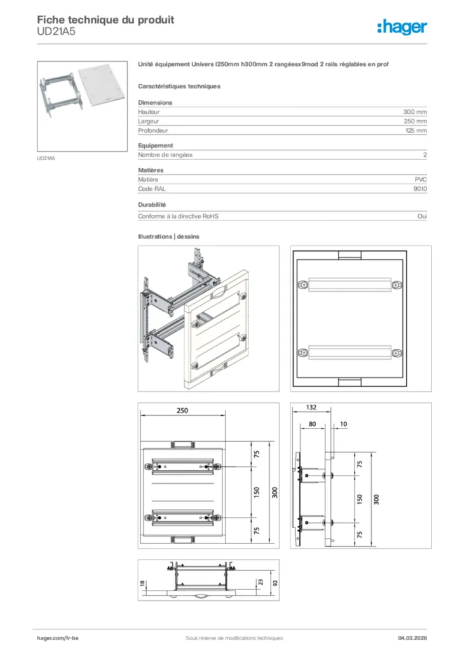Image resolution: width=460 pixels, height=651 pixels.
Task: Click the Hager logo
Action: [x=402, y=27]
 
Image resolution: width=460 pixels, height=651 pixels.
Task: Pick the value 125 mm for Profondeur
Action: [x=416, y=130]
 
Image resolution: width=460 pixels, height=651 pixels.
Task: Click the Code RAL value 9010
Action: [x=420, y=189]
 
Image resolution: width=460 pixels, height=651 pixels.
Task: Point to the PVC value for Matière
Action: [x=421, y=180]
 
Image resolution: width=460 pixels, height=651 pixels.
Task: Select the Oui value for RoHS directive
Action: [x=422, y=216]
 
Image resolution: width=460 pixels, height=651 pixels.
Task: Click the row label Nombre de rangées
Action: [x=165, y=154]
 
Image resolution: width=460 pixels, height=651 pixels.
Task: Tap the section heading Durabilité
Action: [x=152, y=205]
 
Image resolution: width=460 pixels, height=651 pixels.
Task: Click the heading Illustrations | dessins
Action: [x=168, y=236]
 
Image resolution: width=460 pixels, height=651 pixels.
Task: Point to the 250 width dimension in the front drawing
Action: [x=182, y=411]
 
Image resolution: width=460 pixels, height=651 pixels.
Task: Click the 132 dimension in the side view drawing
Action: [x=311, y=407]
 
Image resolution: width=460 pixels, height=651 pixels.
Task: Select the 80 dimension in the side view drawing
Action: [x=312, y=423]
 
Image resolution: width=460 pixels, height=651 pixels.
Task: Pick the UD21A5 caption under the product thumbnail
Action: [x=46, y=158]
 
